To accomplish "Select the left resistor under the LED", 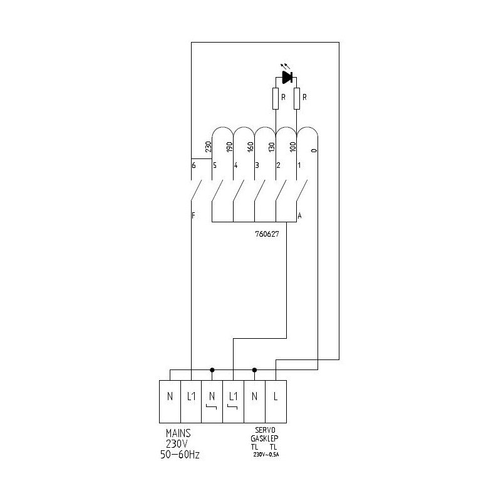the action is pyautogui.click(x=276, y=99).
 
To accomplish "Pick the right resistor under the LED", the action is pyautogui.click(x=297, y=99).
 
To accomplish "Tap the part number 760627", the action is pyautogui.click(x=267, y=234).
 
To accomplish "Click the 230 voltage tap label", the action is pyautogui.click(x=209, y=147).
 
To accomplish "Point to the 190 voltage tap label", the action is pyautogui.click(x=229, y=147).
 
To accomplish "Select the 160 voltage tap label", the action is pyautogui.click(x=250, y=147).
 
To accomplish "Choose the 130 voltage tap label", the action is pyautogui.click(x=272, y=147).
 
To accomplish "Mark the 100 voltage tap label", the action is pyautogui.click(x=293, y=147).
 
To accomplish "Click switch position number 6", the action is pyautogui.click(x=194, y=165).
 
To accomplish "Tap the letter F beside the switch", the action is pyautogui.click(x=194, y=215).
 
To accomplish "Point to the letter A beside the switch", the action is pyautogui.click(x=299, y=215).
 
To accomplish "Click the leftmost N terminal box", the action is pyautogui.click(x=170, y=401).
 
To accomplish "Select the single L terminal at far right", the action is pyautogui.click(x=276, y=401).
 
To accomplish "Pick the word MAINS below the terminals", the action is pyautogui.click(x=178, y=433).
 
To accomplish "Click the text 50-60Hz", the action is pyautogui.click(x=180, y=455).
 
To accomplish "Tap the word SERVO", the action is pyautogui.click(x=265, y=430).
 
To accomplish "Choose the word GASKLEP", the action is pyautogui.click(x=264, y=438).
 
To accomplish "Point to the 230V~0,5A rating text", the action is pyautogui.click(x=266, y=455).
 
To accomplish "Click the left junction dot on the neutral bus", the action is pyautogui.click(x=212, y=370).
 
